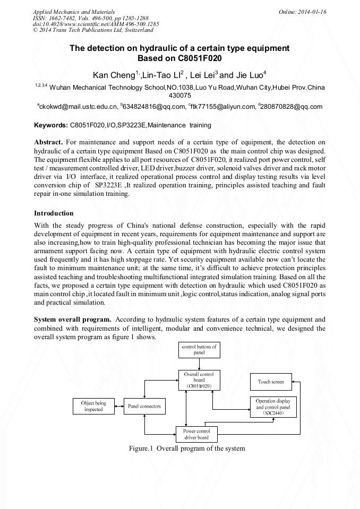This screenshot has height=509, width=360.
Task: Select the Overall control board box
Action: coord(199,380)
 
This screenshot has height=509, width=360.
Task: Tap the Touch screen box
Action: coord(271,382)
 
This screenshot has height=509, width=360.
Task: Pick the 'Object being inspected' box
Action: coord(93,407)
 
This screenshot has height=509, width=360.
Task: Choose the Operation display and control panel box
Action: coord(273,407)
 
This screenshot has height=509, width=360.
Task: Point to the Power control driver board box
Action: coord(196,434)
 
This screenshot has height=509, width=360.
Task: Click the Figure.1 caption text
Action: coord(187,448)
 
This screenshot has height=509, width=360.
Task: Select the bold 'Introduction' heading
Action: coord(54,213)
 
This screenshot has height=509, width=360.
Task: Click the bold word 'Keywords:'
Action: coord(50,126)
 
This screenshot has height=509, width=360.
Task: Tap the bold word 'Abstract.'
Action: coord(49,143)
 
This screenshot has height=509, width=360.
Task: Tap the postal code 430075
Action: coord(180,96)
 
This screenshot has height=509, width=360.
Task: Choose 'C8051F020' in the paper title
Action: coord(198,58)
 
